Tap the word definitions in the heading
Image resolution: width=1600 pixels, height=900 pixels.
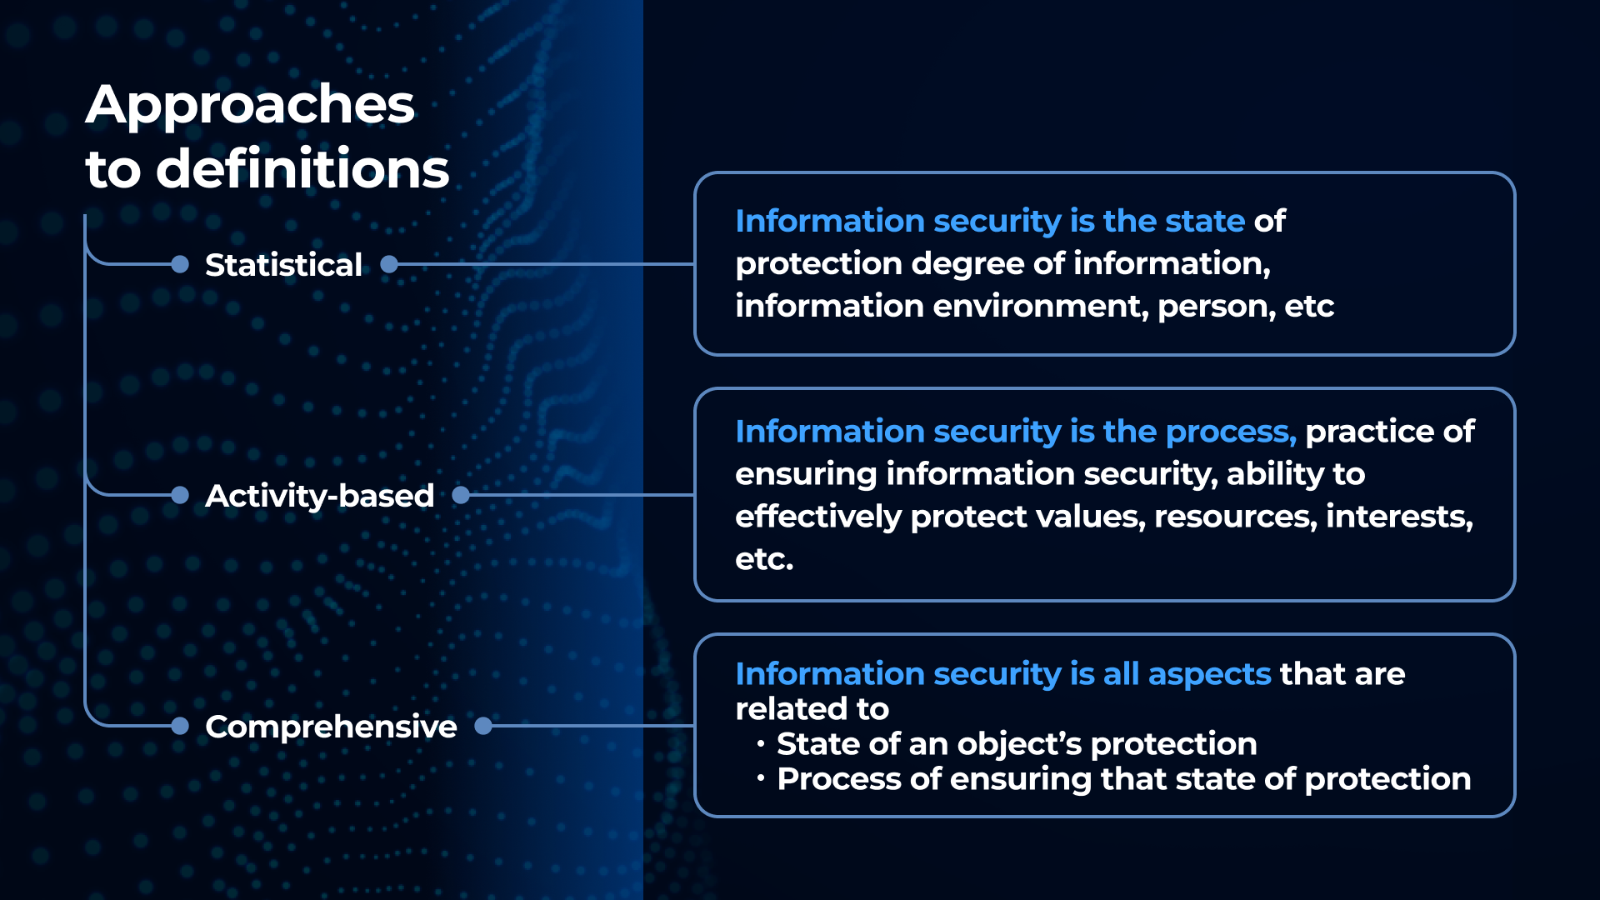302,168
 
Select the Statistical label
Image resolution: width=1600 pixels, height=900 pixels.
283,265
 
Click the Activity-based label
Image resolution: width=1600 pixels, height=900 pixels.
319,496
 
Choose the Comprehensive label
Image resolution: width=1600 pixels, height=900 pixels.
331,727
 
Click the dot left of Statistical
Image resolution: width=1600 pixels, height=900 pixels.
180,264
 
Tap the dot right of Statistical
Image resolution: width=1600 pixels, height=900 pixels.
389,264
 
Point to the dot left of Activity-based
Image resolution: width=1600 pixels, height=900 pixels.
180,495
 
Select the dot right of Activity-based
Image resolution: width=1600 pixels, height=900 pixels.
461,495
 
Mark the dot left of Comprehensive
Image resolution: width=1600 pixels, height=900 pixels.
180,726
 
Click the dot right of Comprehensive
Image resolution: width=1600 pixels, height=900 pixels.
483,726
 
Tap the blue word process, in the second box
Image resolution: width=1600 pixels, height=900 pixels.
1231,432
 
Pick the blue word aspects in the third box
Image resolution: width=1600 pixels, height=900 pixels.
1209,674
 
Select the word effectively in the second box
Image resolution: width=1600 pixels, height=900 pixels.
818,517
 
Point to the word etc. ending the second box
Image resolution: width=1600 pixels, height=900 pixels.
764,559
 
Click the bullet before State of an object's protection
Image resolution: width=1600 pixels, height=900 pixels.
761,743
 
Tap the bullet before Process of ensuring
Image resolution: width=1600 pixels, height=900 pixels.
761,778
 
